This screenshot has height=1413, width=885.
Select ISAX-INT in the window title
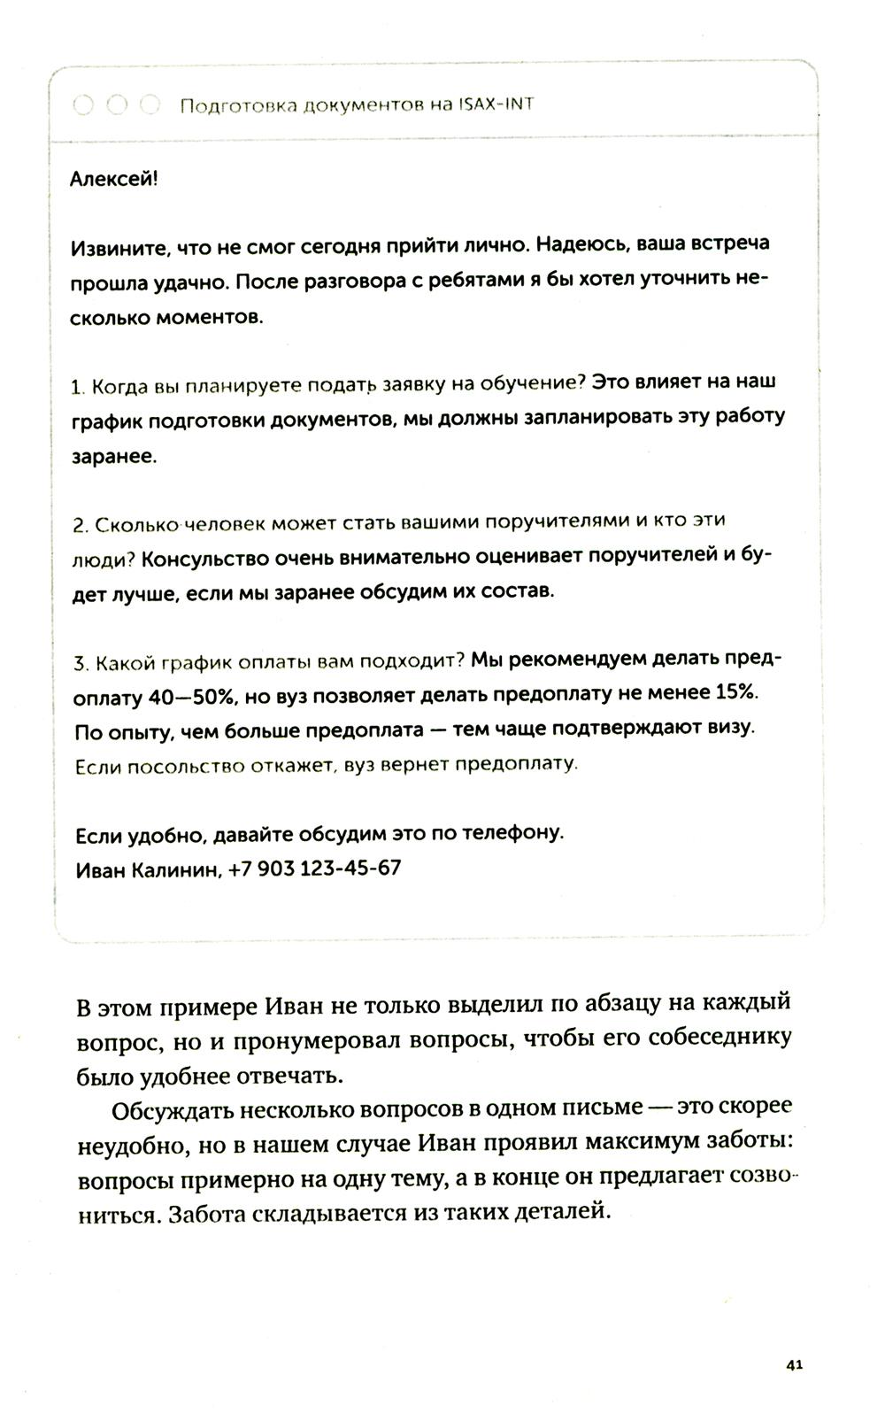tap(496, 104)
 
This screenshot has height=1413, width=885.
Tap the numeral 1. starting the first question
tap(76, 388)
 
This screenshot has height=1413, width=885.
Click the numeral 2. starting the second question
tap(78, 525)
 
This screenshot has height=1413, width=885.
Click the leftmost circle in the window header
tap(83, 104)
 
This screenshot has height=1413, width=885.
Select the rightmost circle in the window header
tap(150, 104)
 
